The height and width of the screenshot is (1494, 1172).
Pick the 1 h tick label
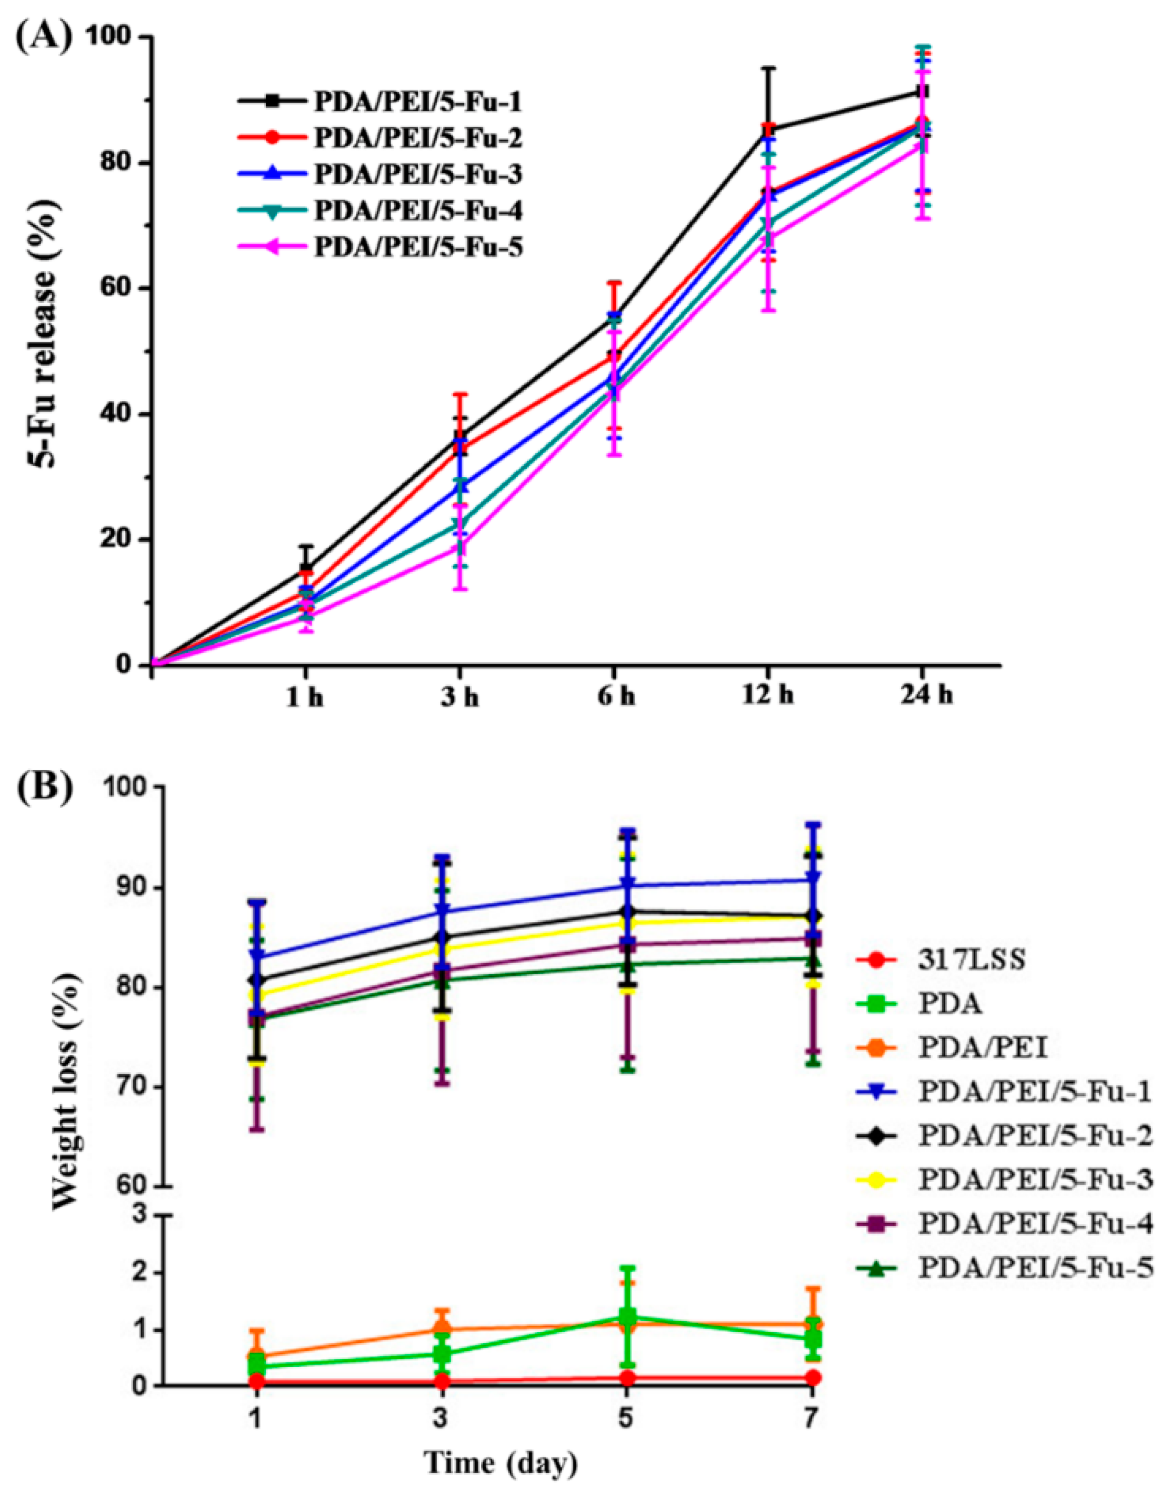pyautogui.click(x=305, y=696)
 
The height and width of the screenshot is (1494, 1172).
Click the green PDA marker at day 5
pyautogui.click(x=626, y=1316)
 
